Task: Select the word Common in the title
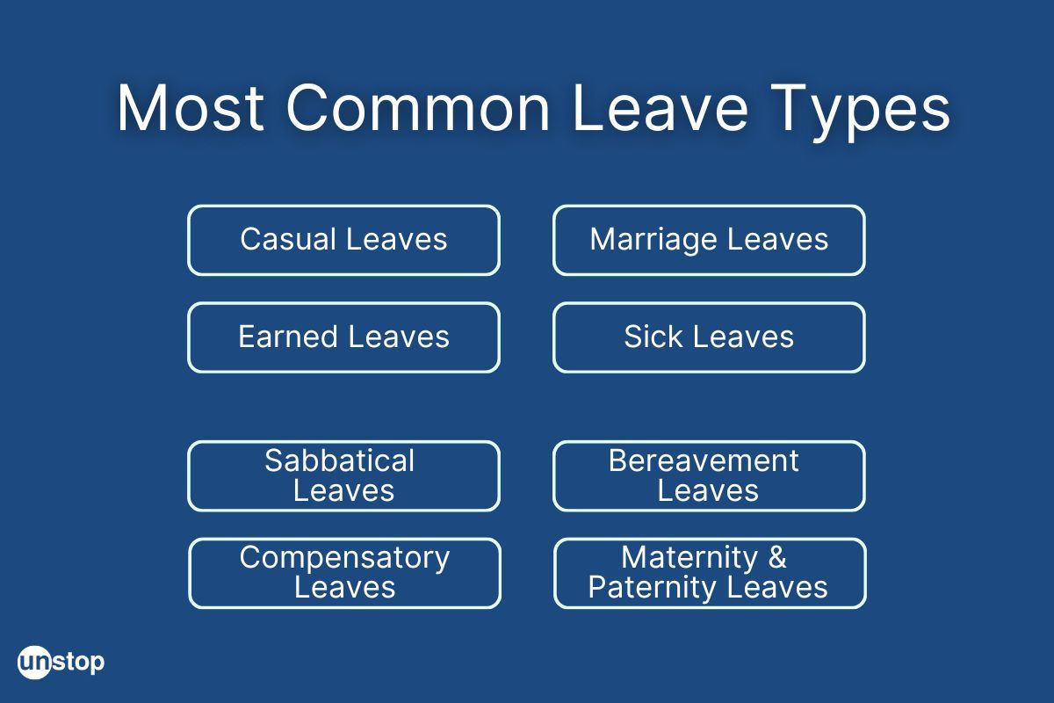pos(418,109)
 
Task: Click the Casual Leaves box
pos(343,240)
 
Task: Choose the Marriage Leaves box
pos(709,240)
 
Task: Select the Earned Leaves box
pos(343,337)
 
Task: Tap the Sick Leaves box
pos(709,337)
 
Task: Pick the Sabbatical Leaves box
pos(343,475)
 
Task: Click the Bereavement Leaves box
pos(709,475)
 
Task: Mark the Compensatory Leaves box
pos(344,573)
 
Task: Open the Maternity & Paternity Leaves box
pos(710,573)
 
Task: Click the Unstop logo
pos(61,661)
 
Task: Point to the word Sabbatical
pos(339,461)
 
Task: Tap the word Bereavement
pos(704,461)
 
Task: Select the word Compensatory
pos(344,558)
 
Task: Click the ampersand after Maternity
pos(776,558)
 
